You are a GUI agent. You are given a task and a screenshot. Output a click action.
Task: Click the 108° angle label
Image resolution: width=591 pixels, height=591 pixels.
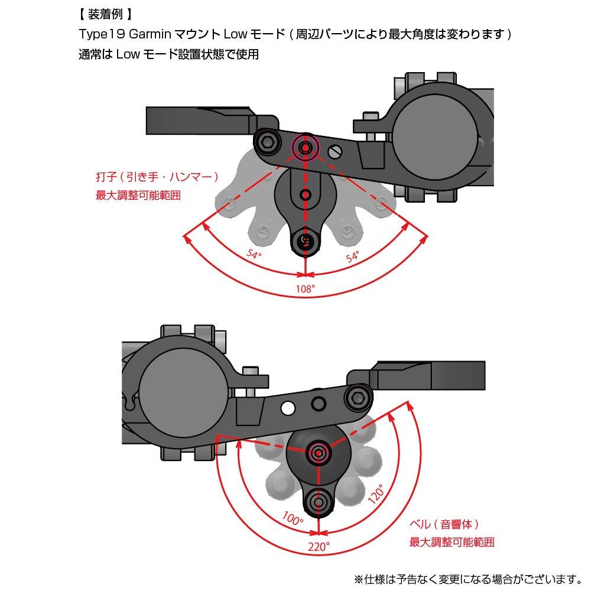[305, 289]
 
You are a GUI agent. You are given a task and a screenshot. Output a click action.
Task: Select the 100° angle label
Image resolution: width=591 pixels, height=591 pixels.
[294, 518]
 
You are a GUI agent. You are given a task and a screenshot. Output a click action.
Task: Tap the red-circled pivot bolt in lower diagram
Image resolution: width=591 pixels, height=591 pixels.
[319, 453]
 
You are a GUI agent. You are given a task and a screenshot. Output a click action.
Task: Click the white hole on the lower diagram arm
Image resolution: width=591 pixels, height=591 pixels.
[288, 408]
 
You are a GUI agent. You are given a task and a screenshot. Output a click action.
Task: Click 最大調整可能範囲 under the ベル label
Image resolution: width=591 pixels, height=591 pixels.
[452, 541]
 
